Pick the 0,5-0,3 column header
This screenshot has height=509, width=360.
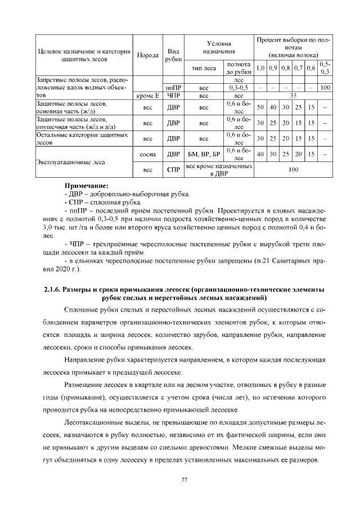point(325,68)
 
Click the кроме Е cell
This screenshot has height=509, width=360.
point(148,96)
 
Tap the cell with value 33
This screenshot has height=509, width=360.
point(292,96)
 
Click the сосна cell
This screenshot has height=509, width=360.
point(148,153)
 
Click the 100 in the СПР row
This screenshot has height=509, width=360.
point(292,169)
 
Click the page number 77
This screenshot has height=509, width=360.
point(183,479)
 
